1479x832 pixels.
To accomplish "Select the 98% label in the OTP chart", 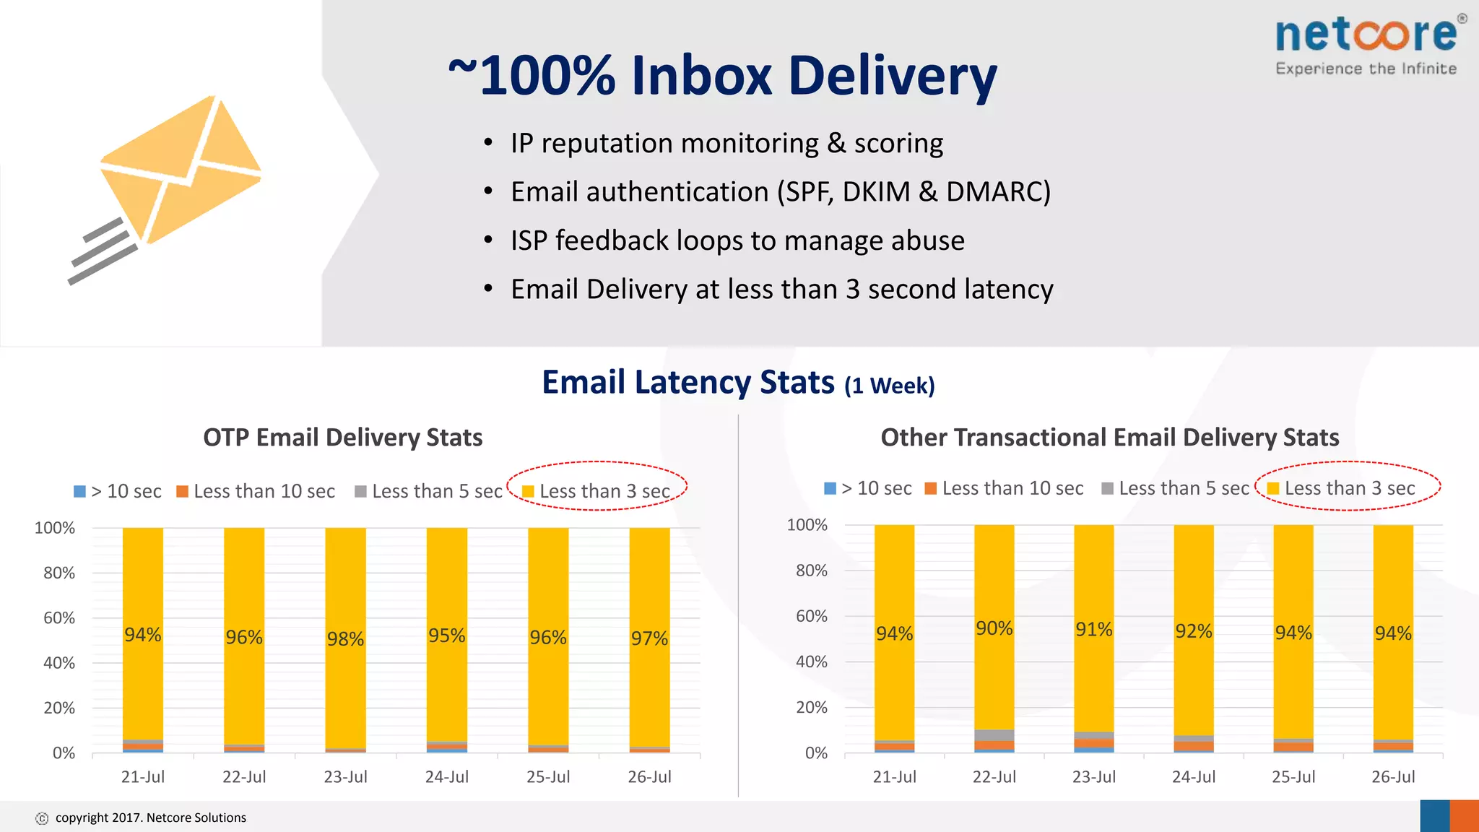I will click(345, 639).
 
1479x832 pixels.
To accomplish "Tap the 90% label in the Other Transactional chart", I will click(994, 628).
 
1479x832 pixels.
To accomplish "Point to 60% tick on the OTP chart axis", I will click(59, 618).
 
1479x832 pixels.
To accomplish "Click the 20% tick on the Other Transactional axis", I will click(812, 708).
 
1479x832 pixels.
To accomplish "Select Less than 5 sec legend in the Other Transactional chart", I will click(1176, 489).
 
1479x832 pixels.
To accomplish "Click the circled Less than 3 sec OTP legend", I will click(597, 492).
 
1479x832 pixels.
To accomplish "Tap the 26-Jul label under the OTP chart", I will click(649, 777).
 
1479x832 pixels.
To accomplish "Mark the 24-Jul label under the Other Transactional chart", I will click(1194, 777).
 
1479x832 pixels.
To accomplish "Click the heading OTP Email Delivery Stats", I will click(343, 438).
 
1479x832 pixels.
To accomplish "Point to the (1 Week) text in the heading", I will click(890, 386).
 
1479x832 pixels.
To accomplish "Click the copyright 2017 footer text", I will click(150, 818).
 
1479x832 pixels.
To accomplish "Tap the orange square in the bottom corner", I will click(1464, 816).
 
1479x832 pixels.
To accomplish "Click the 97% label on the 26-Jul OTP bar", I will click(649, 638).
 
